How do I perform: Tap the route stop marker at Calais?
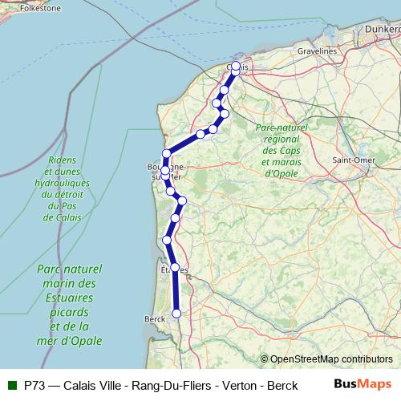pos(236,67)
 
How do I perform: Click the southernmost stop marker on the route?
pos(176,314)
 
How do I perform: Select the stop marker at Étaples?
pos(175,267)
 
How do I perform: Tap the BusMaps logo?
pos(363,384)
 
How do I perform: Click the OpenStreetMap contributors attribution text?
pos(326,358)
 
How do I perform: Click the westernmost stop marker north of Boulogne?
pos(167,153)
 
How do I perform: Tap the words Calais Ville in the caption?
pos(94,384)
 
